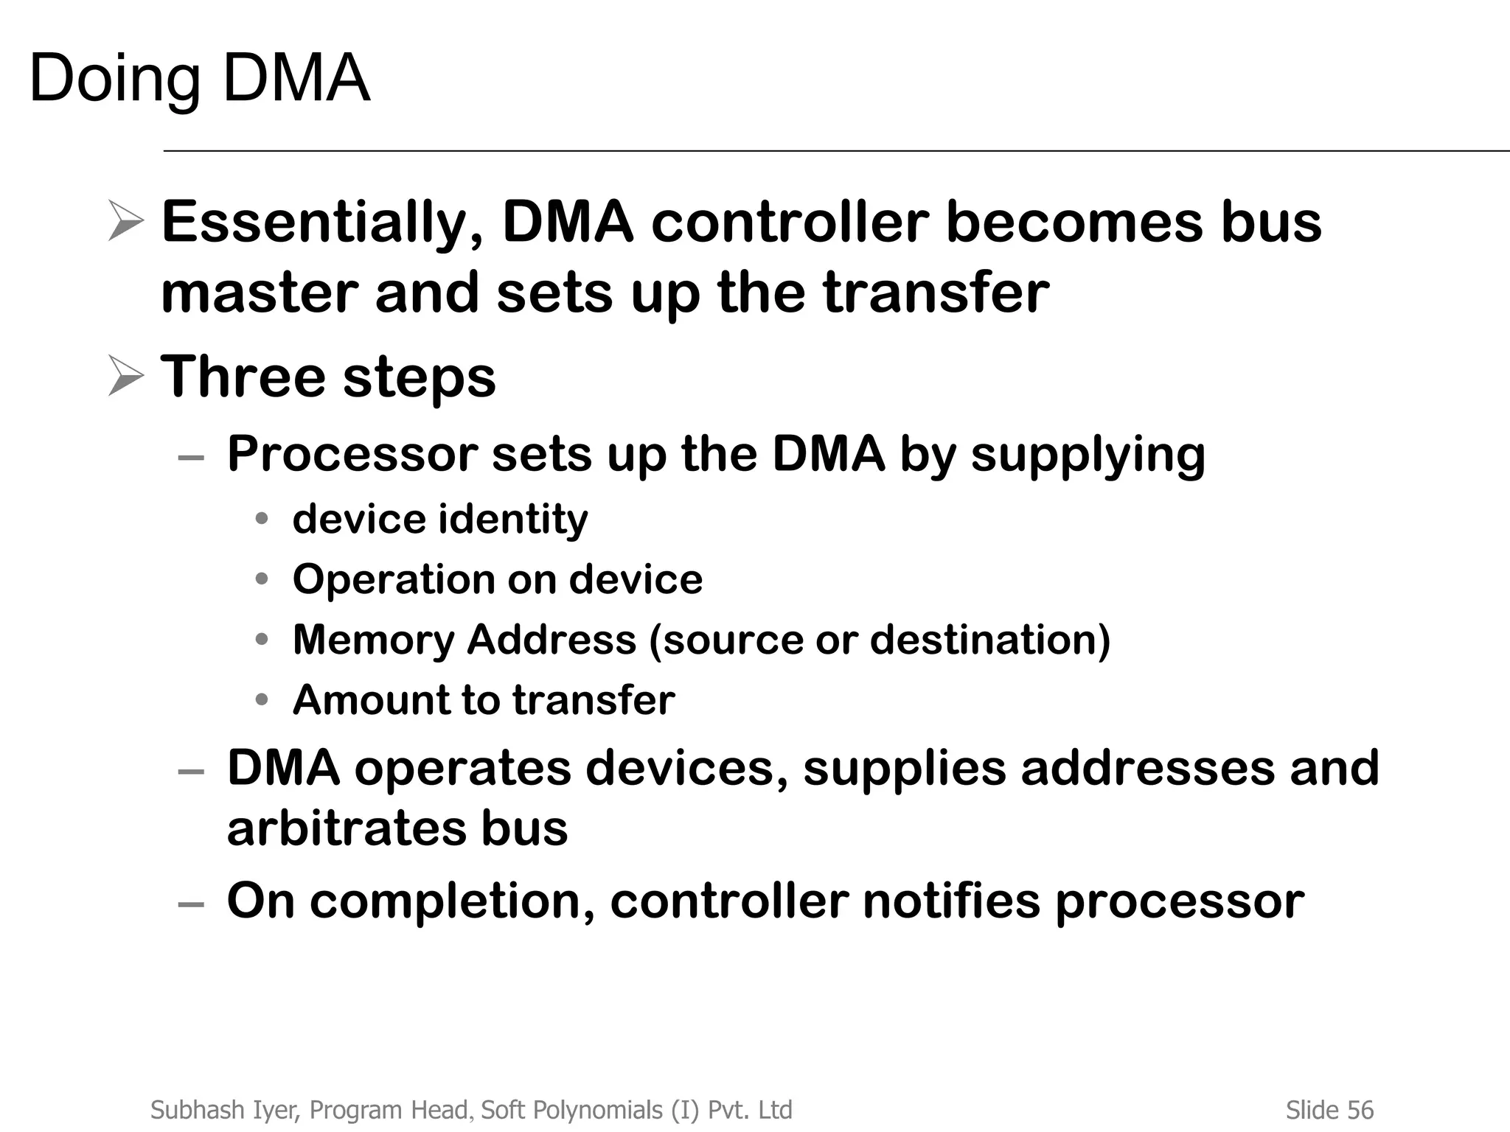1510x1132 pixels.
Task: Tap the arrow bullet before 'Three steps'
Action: [125, 376]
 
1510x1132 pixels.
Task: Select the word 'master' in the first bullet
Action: [259, 293]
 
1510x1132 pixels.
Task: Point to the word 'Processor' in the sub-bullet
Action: [352, 454]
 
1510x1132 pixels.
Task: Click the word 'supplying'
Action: [1088, 455]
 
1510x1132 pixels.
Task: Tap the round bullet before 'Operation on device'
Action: [262, 579]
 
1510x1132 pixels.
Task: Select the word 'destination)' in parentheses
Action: [989, 640]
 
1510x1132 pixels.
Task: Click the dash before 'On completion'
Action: [191, 904]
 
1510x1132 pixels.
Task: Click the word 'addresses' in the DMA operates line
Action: [1147, 768]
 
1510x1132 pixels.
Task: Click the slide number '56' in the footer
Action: [1360, 1110]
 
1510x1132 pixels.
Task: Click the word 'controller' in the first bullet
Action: [790, 223]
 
